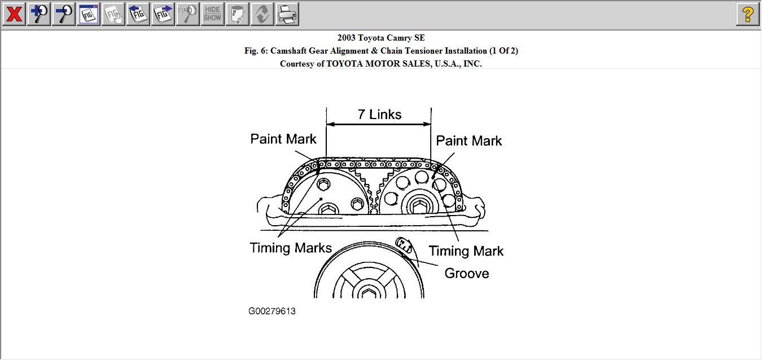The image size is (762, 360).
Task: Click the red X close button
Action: point(14,14)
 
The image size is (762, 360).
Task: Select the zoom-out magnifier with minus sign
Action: point(64,14)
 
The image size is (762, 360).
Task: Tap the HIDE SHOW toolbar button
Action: point(213,14)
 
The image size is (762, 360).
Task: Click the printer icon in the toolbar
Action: point(287,14)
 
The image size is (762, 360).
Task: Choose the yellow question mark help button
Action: point(747,14)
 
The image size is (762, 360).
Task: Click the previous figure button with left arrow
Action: point(138,14)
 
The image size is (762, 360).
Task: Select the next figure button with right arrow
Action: point(163,14)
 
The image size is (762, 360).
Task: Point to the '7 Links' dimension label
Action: point(379,115)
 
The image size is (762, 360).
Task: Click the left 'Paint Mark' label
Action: point(283,139)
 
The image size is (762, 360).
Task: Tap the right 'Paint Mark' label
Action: point(468,141)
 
